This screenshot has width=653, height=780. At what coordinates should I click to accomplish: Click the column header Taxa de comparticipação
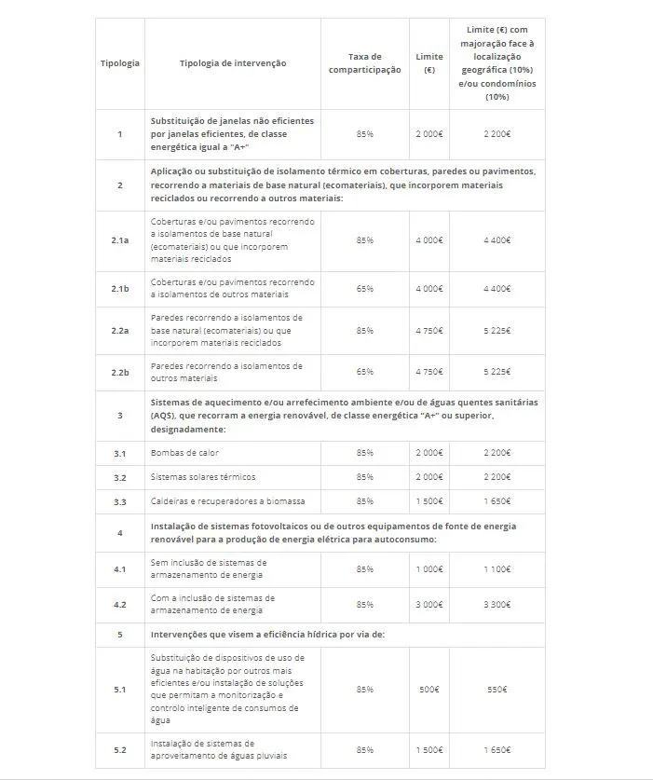tap(364, 63)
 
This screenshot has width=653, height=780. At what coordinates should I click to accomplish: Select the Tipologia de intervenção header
tap(233, 63)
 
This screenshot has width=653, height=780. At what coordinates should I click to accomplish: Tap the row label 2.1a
tap(119, 240)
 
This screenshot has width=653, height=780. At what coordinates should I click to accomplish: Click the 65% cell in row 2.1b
tap(364, 289)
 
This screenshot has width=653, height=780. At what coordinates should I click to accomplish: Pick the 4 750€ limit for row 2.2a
tap(429, 331)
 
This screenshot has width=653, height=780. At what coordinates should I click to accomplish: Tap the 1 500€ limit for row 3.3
tap(429, 501)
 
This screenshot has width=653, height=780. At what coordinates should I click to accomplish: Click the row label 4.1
tap(119, 568)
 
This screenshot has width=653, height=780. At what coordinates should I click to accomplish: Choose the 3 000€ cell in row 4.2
tap(429, 605)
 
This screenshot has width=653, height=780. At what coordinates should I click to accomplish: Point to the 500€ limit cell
tap(429, 690)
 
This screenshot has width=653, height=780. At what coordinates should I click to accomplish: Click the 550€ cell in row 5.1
tap(497, 690)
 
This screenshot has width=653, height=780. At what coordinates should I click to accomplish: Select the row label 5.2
tap(119, 749)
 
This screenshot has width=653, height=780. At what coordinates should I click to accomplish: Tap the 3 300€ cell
tap(497, 605)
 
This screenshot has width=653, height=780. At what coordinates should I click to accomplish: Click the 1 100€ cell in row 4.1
tap(497, 568)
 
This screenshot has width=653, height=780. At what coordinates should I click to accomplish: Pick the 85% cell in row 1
tap(364, 134)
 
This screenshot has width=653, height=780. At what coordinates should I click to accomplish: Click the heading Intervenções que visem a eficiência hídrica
tap(267, 634)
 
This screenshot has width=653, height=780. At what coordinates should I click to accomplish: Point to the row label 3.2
tap(119, 477)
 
